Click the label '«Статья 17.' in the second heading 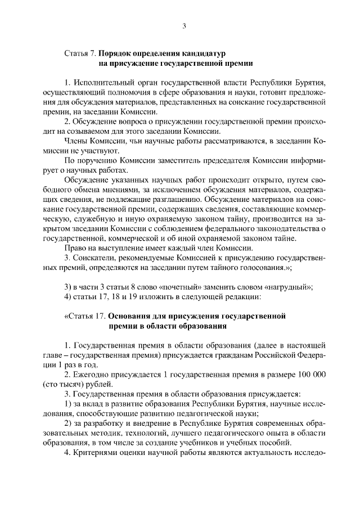pyautogui.click(x=84, y=316)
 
